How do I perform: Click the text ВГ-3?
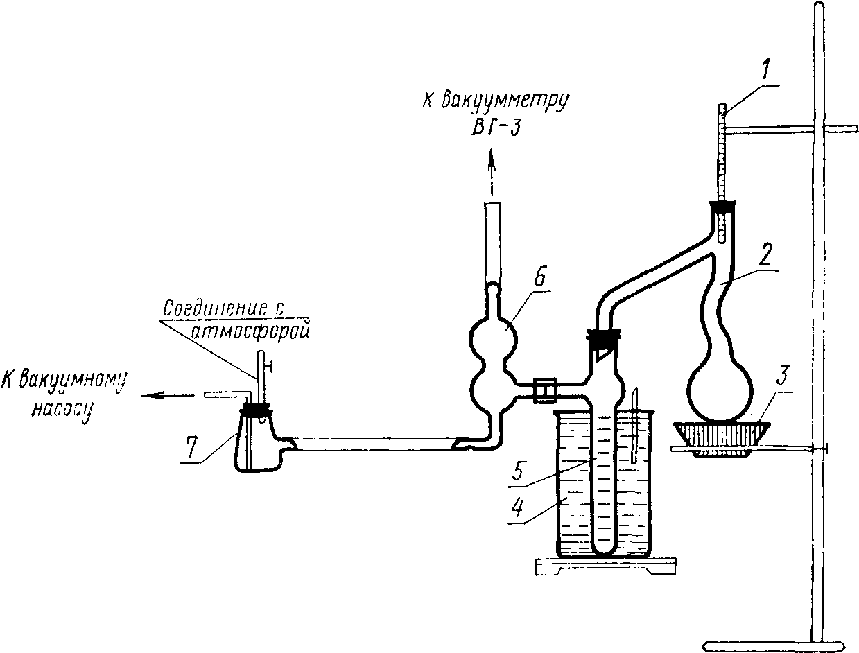pyautogui.click(x=496, y=126)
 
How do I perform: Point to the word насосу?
pyautogui.click(x=63, y=409)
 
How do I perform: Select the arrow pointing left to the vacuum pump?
pyautogui.click(x=168, y=396)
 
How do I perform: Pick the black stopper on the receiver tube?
pyautogui.click(x=603, y=339)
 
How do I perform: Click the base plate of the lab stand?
pyautogui.click(x=776, y=645)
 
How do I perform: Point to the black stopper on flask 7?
pyautogui.click(x=256, y=409)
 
